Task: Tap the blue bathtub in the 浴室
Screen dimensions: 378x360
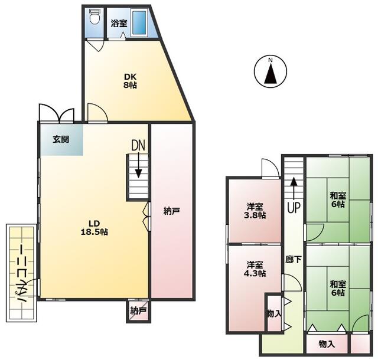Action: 139,22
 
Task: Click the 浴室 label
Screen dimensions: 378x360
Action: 119,24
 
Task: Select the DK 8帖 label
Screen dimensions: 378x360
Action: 130,81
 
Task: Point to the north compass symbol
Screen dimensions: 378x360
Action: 271,71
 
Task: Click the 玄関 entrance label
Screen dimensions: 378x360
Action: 61,139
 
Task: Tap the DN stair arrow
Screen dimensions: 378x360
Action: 138,166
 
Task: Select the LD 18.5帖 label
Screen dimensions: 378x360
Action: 94,227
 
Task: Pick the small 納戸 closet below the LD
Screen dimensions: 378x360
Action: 138,311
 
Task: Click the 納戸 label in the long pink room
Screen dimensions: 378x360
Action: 172,211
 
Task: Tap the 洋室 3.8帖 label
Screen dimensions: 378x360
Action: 255,211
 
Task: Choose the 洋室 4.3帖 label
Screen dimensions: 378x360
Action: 255,269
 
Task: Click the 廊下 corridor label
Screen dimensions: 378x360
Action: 294,259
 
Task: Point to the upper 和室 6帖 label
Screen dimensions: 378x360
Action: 338,199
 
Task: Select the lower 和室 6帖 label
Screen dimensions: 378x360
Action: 338,288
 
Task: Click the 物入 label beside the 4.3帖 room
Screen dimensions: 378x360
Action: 273,313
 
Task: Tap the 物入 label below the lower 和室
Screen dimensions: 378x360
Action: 327,344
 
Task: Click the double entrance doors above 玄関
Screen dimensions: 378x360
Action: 57,113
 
